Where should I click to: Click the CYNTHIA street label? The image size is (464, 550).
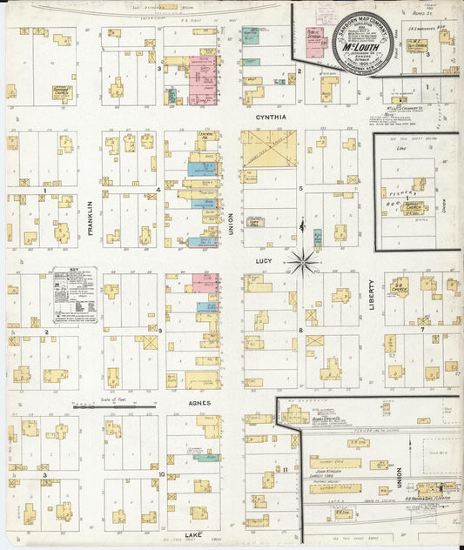[x=270, y=115]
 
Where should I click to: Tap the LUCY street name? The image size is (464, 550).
[x=264, y=259]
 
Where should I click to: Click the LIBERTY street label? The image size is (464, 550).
[x=371, y=296]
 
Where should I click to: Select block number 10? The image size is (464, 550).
[x=162, y=474]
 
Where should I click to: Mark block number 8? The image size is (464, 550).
[x=300, y=331]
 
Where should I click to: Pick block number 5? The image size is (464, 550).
[x=300, y=188]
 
